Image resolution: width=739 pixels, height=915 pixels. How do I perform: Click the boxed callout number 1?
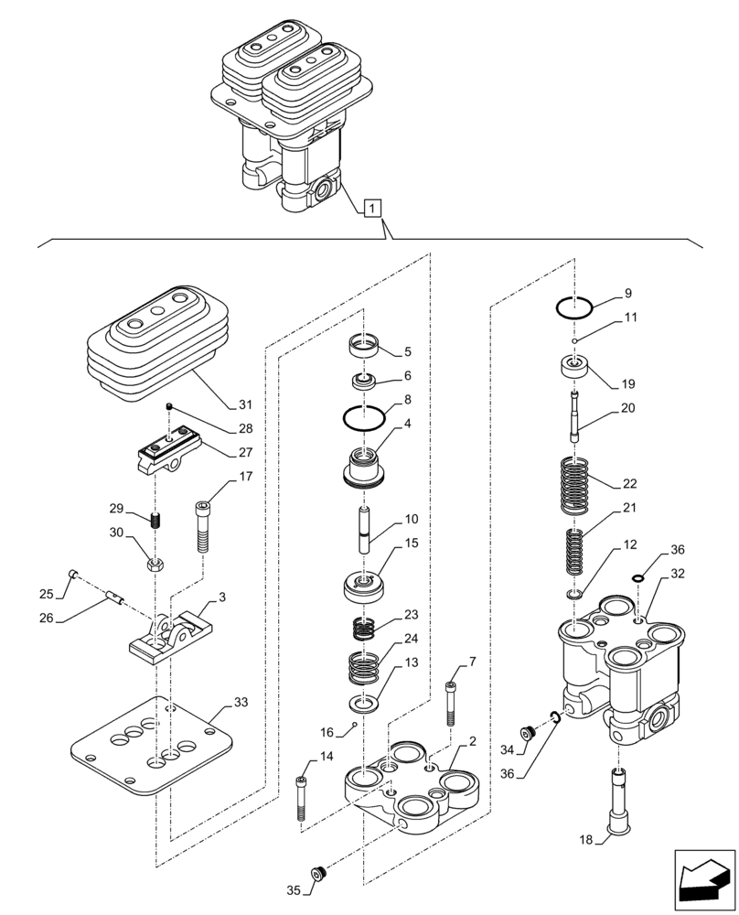[370, 209]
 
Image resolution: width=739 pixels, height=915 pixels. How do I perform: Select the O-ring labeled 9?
[575, 306]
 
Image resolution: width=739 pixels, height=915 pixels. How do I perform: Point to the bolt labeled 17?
[202, 525]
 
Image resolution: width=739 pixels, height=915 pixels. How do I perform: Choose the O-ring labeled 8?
[363, 418]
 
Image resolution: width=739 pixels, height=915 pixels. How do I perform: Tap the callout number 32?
[677, 574]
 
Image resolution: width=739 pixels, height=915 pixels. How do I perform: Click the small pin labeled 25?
[74, 575]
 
